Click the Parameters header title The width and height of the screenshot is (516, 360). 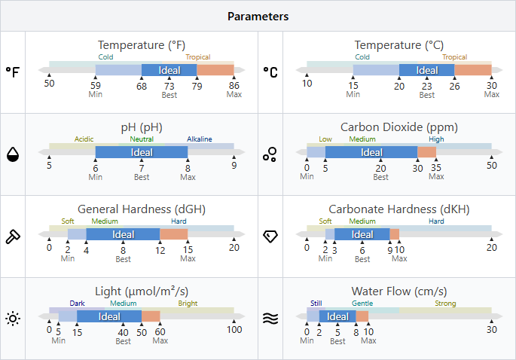coord(258,16)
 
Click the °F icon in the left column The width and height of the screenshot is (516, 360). coord(13,72)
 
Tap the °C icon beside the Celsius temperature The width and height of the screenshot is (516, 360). coord(270,72)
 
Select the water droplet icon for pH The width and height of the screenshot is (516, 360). coord(13,154)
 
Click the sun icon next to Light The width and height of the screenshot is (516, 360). coord(13,319)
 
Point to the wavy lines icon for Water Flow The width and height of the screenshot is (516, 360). coord(270,319)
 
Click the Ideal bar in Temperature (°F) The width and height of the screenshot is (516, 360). coord(169,70)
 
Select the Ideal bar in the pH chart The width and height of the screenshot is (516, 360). coord(142,152)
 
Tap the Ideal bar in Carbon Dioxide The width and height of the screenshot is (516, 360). coord(371,152)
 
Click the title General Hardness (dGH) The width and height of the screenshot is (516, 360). coord(142,209)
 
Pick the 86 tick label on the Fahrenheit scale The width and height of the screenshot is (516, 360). coord(234,84)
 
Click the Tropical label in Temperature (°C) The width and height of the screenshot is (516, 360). coord(454,57)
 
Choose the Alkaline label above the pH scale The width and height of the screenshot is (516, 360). coord(200,139)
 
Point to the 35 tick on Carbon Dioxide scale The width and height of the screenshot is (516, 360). coord(436,167)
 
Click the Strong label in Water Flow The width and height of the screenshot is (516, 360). coord(445,304)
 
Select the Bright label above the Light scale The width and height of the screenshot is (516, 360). coord(188,304)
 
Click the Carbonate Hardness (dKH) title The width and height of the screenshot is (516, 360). coord(398,209)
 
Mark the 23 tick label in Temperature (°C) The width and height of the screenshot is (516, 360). coord(427,85)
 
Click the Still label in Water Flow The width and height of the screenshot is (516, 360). coord(316,304)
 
